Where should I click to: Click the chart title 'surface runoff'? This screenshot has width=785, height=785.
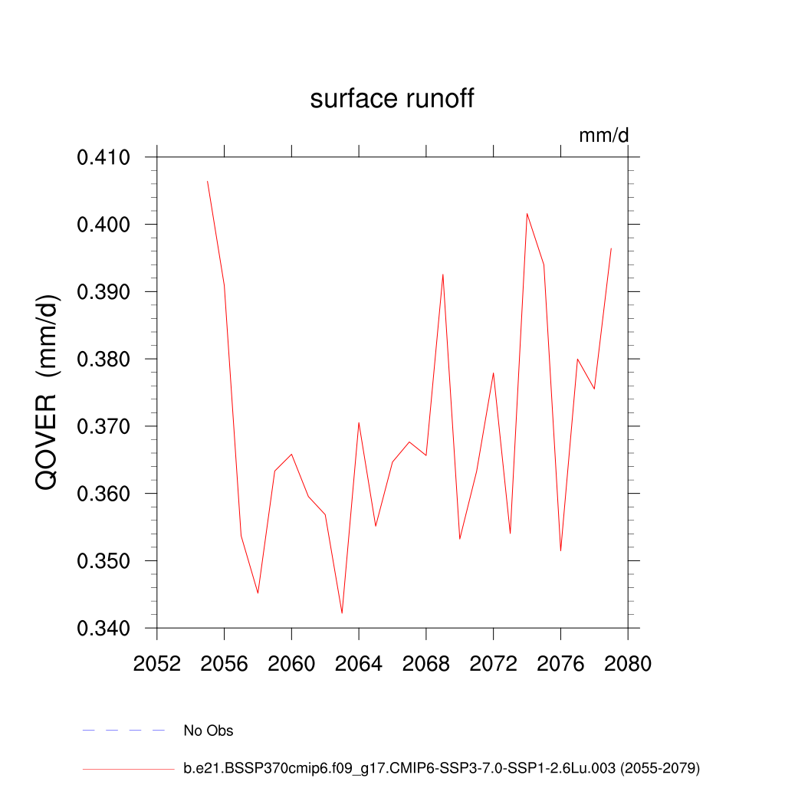pos(392,99)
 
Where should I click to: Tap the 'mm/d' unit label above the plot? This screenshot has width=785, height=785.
pos(603,136)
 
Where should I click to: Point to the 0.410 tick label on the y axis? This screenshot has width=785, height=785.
pos(103,158)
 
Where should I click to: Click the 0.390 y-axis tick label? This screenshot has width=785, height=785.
pos(103,292)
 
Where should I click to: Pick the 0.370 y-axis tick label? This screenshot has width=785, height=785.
pos(103,427)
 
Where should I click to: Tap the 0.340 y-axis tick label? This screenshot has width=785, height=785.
pos(103,629)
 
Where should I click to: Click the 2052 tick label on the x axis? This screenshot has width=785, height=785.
pos(156,664)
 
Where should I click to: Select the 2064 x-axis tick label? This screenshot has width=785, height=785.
pos(359,664)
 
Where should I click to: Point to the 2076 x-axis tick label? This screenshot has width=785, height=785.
pos(560,664)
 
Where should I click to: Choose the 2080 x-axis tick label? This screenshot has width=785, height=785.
pos(628,664)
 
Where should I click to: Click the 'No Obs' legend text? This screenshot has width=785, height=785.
pos(209,731)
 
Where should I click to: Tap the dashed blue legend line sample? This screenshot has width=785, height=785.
pos(124,731)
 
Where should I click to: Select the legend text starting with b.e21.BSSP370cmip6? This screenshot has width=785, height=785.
pos(442,767)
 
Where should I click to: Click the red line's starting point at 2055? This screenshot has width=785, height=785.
pos(207,181)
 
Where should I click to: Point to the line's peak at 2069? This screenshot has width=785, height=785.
pos(443,274)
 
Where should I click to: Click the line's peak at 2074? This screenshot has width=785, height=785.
pos(527,213)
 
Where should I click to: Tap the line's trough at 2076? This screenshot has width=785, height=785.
pos(560,550)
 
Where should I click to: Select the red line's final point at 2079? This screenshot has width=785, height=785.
pos(611,248)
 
